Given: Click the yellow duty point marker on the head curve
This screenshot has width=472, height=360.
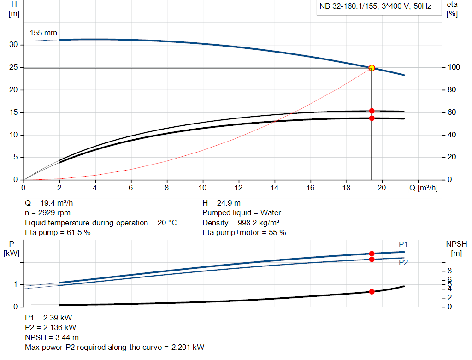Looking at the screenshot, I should [372, 68].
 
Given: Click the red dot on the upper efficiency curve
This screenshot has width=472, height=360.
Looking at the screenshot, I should [372, 111].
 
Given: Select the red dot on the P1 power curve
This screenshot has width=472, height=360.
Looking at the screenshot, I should [372, 254].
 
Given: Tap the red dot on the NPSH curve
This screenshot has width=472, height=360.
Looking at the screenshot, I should [372, 292].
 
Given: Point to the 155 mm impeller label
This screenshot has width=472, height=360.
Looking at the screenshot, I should [43, 33].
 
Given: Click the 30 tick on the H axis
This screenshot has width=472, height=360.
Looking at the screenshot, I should [13, 45].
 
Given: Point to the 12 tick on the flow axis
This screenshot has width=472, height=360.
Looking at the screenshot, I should [239, 188].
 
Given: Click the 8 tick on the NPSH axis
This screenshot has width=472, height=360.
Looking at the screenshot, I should [450, 271].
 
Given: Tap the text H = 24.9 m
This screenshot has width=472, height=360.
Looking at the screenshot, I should [221, 203].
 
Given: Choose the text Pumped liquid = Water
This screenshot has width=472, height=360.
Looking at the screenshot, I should [242, 213].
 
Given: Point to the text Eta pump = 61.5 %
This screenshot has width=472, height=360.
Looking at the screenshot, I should [58, 233].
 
